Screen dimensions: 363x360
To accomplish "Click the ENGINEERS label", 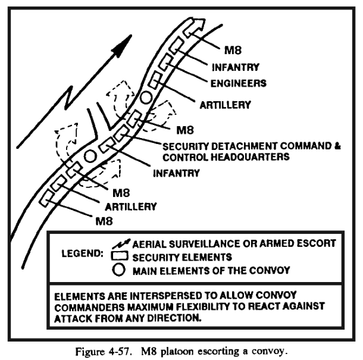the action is (x=239, y=83).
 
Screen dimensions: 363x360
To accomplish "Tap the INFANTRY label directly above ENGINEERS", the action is (x=236, y=67).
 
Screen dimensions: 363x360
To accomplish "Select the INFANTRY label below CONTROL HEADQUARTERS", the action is (x=176, y=173).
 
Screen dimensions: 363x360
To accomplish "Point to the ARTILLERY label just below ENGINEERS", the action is (x=226, y=105).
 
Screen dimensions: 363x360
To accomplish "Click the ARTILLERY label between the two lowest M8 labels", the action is (x=131, y=206).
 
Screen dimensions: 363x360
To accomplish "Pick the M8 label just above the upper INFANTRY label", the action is (x=233, y=50).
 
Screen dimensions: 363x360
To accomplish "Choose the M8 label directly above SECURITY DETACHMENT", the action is (x=185, y=130).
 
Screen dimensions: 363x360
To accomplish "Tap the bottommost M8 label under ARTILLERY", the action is (x=104, y=221).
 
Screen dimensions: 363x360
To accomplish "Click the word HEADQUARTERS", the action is (x=251, y=157).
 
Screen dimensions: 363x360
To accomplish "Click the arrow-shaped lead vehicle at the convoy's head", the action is (x=194, y=27).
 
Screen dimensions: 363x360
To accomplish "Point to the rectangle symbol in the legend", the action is (x=120, y=256).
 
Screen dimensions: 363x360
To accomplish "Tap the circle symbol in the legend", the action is (x=119, y=270).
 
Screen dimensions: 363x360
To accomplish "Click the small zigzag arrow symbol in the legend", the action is (x=121, y=244).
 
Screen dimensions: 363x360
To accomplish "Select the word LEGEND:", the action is (x=82, y=253).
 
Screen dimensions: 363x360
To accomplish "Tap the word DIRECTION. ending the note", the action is (x=174, y=318).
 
